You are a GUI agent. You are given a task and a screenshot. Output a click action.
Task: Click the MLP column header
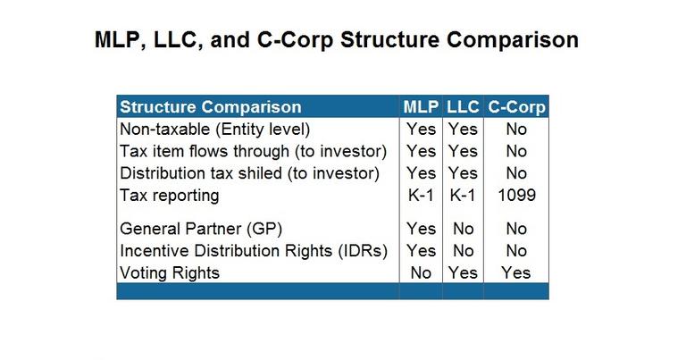pos(421,106)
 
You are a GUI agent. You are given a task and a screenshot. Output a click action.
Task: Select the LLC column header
pos(463,106)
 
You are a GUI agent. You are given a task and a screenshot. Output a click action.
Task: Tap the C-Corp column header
pos(516,107)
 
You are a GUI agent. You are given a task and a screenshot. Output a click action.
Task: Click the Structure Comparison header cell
pos(211,107)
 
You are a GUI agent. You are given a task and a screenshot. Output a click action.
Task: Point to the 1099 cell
pos(516,195)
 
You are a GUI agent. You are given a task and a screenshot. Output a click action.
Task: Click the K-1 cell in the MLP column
pos(421,195)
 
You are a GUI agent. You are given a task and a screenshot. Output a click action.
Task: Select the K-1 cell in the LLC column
pos(463,195)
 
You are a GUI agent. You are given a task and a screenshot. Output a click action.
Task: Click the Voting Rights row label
pos(170,273)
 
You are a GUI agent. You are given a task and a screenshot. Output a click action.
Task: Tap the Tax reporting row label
pos(170,196)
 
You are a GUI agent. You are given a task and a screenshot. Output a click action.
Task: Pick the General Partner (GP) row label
pos(201,229)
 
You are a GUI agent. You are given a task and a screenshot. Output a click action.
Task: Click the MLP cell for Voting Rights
pos(421,273)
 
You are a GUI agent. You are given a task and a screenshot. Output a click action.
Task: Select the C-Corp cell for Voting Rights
pos(516,273)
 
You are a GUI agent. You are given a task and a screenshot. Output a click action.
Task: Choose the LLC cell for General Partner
pos(463,229)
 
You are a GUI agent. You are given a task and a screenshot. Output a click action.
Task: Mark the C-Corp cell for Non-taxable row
pos(516,129)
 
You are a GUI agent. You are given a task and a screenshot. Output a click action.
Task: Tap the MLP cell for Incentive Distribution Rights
pos(422,251)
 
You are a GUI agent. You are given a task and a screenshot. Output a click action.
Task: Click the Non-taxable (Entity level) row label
pos(214,130)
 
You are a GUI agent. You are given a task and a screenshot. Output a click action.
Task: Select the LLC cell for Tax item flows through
pos(463,151)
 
